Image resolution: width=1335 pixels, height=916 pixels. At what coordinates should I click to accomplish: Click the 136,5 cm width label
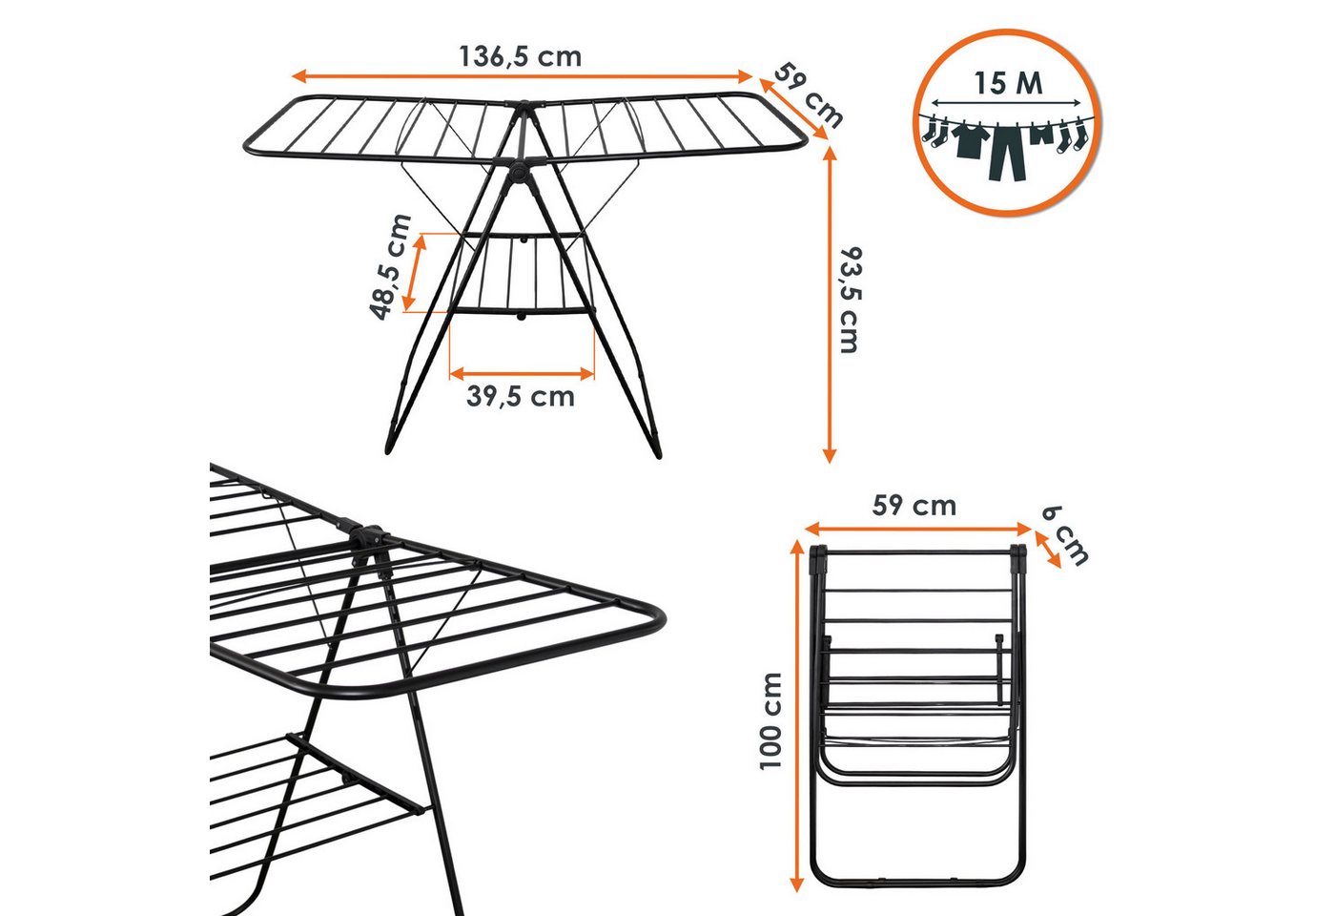point(521,56)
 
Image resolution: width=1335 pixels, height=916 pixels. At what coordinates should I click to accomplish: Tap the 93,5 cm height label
point(851,300)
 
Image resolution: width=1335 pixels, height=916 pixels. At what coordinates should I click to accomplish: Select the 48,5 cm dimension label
point(390,266)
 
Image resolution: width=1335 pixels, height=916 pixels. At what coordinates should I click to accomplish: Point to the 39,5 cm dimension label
point(521,397)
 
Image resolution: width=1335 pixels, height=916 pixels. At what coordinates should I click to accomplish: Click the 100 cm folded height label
point(770,721)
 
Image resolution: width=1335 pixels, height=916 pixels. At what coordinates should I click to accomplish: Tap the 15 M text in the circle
point(1009,83)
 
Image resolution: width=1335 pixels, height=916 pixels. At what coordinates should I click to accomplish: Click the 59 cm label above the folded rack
point(914,506)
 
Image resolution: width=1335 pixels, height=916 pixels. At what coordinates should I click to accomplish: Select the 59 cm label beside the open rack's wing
point(809,95)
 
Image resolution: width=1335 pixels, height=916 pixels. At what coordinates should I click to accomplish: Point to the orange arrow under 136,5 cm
point(523,76)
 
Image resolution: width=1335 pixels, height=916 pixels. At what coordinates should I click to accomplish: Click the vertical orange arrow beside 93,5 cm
point(829,304)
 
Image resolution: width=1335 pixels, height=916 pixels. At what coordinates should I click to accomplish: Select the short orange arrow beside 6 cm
point(1048,550)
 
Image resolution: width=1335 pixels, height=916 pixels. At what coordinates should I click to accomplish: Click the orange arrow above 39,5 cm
point(523,374)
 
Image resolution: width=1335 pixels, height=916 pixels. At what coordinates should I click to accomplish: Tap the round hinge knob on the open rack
point(517,174)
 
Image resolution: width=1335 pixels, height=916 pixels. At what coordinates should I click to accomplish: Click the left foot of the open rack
point(391,440)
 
